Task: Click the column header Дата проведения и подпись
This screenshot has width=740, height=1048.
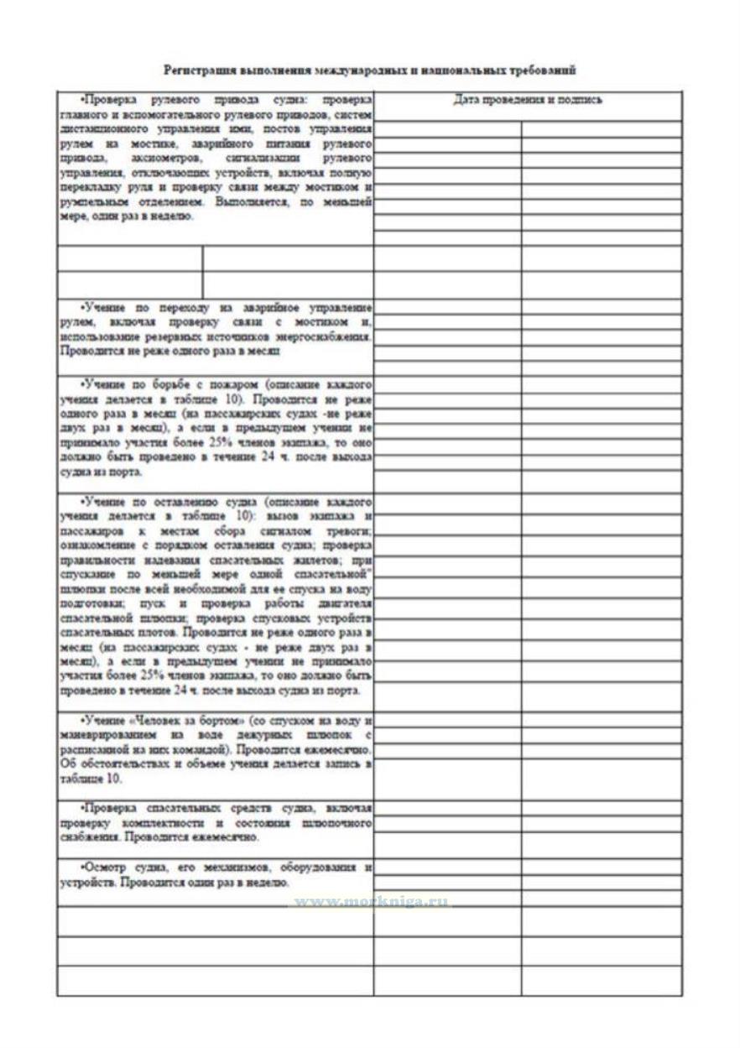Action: coord(528,100)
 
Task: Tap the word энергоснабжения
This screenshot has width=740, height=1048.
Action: coord(332,336)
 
